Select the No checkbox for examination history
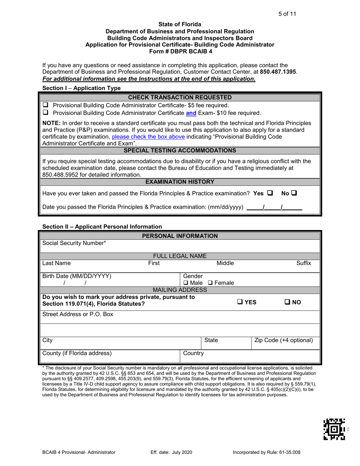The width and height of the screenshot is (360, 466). [x=294, y=193]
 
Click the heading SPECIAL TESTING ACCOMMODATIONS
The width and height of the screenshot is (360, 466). [x=180, y=150]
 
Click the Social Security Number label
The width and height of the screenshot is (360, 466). [x=74, y=243]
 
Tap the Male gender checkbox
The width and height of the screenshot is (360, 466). [x=186, y=283]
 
